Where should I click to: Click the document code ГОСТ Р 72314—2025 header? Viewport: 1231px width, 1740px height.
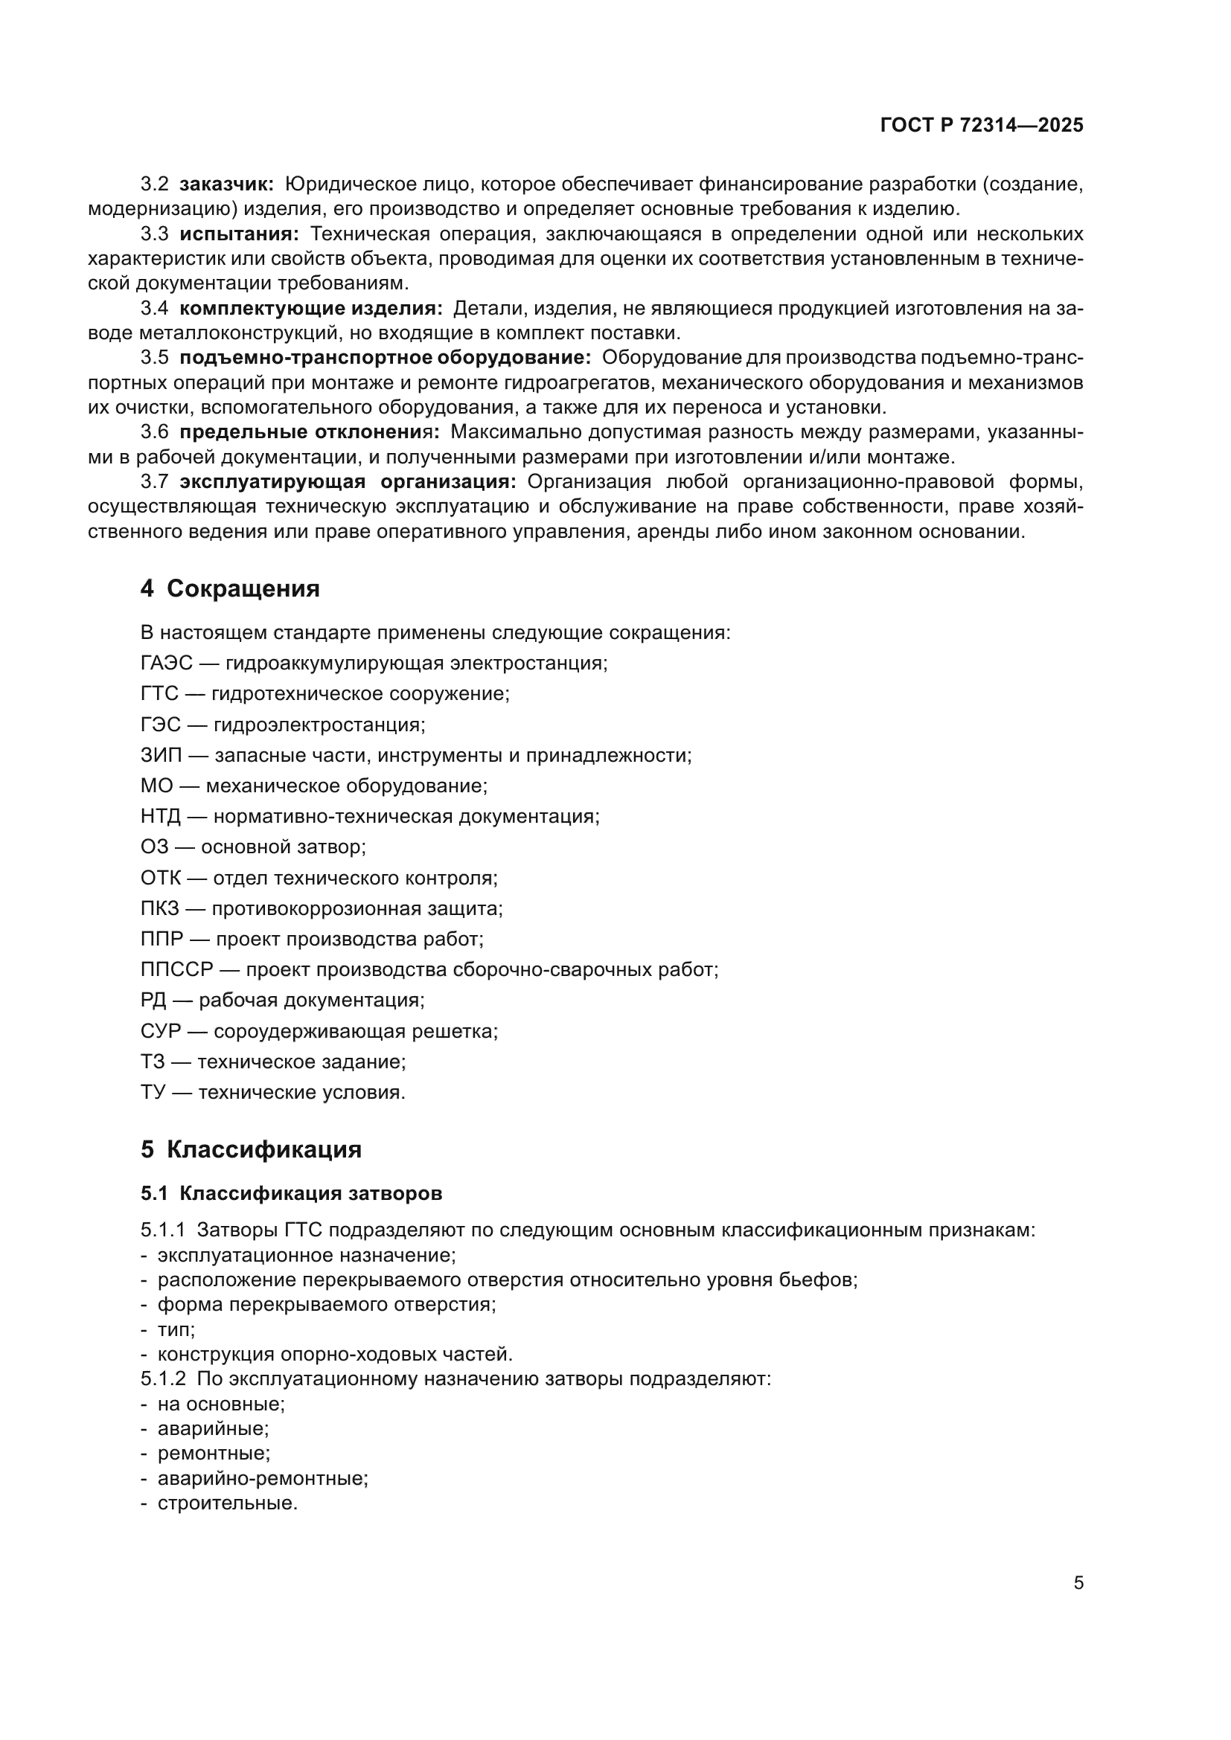pyautogui.click(x=982, y=126)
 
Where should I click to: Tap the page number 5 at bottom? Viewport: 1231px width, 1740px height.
pyautogui.click(x=1078, y=1583)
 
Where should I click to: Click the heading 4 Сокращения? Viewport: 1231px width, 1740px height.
pyautogui.click(x=230, y=589)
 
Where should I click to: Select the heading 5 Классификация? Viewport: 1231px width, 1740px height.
pyautogui.click(x=251, y=1149)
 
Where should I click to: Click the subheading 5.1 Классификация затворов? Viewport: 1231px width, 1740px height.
pyautogui.click(x=291, y=1193)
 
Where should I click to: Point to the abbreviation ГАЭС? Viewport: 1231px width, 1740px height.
pyautogui.click(x=167, y=663)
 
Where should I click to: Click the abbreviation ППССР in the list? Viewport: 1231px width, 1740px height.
pyautogui.click(x=176, y=969)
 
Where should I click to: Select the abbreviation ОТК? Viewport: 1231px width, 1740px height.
pyautogui.click(x=161, y=879)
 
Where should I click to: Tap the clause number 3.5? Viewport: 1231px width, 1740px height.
pyautogui.click(x=155, y=358)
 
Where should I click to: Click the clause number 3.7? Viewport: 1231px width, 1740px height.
pyautogui.click(x=155, y=482)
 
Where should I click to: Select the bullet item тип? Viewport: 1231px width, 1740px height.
pyautogui.click(x=176, y=1330)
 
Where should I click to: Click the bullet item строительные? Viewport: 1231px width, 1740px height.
pyautogui.click(x=228, y=1503)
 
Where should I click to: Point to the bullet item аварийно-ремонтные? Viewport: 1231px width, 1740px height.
pyautogui.click(x=262, y=1478)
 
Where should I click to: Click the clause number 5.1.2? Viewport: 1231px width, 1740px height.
pyautogui.click(x=163, y=1378)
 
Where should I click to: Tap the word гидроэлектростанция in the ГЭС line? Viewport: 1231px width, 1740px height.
pyautogui.click(x=319, y=725)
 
